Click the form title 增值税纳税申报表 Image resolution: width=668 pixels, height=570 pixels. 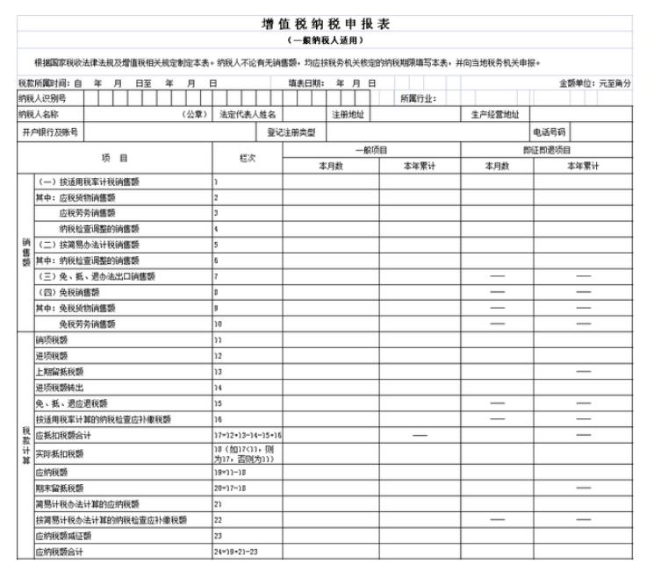325,24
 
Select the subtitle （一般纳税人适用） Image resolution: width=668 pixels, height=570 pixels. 325,40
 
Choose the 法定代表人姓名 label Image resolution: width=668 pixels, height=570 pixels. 248,114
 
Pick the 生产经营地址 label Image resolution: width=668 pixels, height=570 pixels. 495,114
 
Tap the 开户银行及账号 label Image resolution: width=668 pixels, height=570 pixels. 51,132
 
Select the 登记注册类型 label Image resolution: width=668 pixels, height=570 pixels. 291,132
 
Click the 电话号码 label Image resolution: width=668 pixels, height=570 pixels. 549,132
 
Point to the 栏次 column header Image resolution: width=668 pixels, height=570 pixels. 247,158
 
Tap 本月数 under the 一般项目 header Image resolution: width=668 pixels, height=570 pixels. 330,166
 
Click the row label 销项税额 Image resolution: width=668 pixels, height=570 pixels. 51,338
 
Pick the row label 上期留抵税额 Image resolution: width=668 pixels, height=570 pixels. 59,371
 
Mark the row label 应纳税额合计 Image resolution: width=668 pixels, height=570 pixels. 59,552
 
